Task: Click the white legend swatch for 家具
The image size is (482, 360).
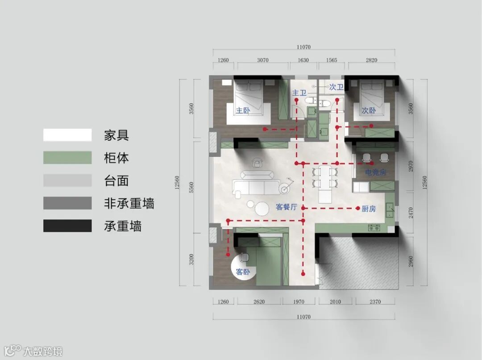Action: point(67,135)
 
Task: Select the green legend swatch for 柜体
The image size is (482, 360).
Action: point(67,158)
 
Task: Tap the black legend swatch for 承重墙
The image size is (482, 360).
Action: point(67,226)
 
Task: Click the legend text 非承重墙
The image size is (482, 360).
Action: point(129,204)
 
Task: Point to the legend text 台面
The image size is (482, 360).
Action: point(116,181)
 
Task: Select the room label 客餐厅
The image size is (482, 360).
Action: point(286,207)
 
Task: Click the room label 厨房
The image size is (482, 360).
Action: point(369,208)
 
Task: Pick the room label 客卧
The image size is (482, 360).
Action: point(243,272)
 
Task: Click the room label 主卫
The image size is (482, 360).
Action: point(299,93)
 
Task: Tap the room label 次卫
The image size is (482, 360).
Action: point(336,87)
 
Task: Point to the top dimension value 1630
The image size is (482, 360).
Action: point(303,60)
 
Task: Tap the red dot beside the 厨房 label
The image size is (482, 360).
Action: point(358,208)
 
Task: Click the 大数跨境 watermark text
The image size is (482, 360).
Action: point(43,352)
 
